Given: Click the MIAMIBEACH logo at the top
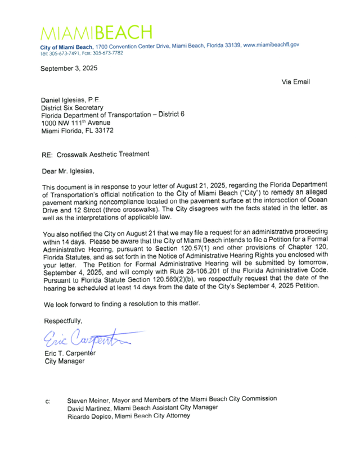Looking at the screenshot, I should click(x=96, y=31).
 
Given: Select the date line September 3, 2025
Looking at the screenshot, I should click(x=69, y=69).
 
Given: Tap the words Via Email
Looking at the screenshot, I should click(x=296, y=82).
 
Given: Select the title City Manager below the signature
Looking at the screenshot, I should click(x=64, y=361).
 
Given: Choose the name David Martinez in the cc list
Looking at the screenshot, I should click(x=88, y=407).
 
